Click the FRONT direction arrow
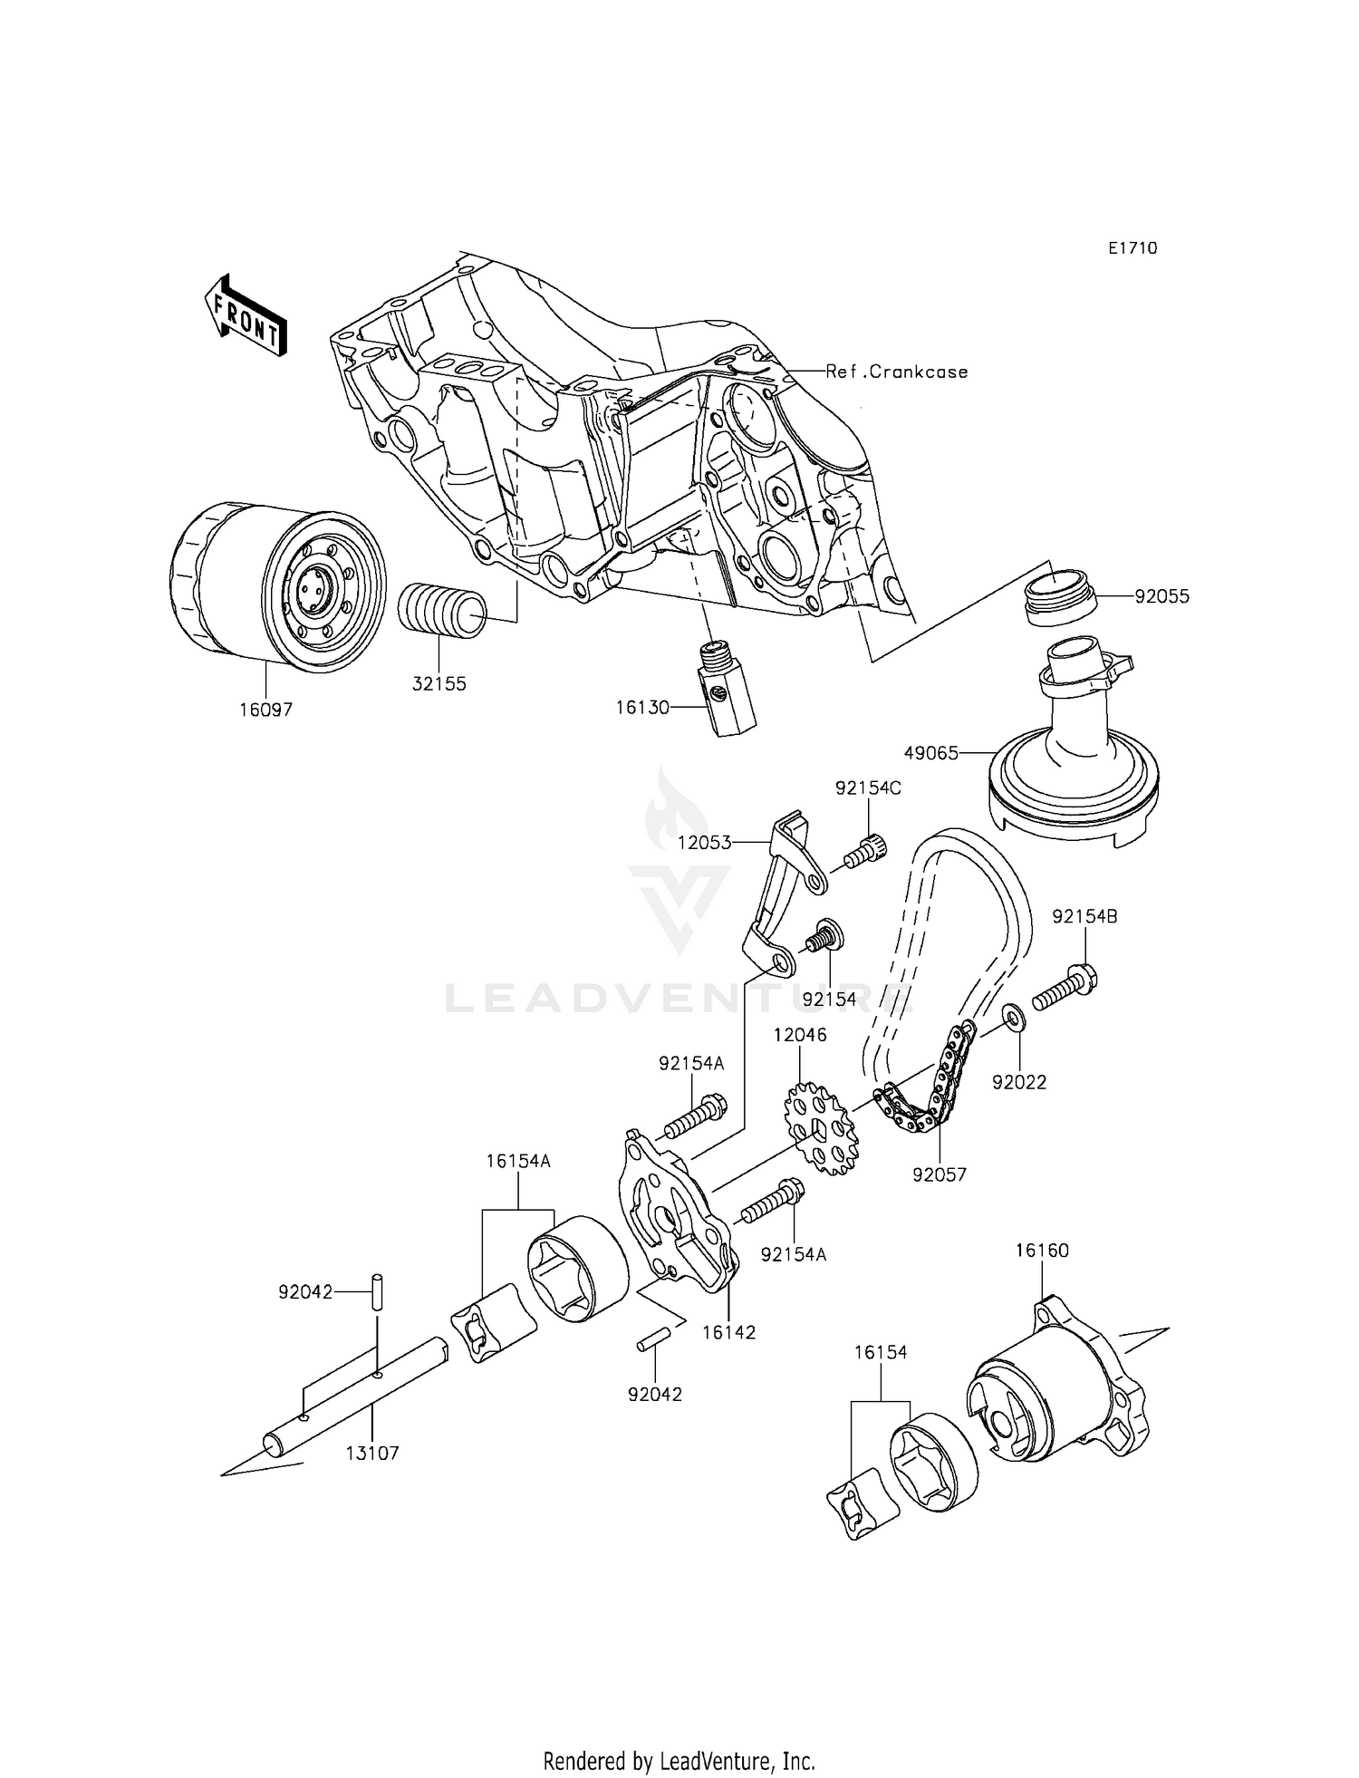tap(246, 314)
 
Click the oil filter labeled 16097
tap(276, 589)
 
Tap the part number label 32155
tap(439, 684)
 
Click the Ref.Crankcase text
tap(896, 372)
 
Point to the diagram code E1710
tap(1132, 248)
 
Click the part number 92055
tap(1162, 596)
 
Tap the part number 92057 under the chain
tap(940, 1174)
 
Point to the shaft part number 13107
tap(371, 1454)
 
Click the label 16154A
tap(517, 1161)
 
